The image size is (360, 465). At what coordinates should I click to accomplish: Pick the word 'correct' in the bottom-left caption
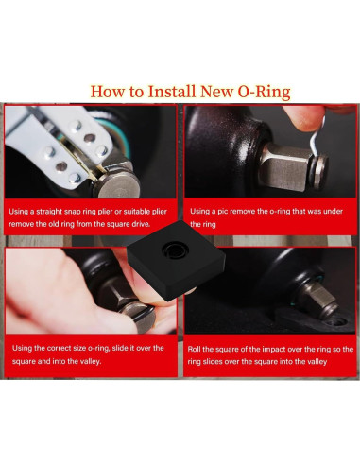pos(63,347)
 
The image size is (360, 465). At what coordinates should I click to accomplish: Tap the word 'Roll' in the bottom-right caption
pos(197,347)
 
